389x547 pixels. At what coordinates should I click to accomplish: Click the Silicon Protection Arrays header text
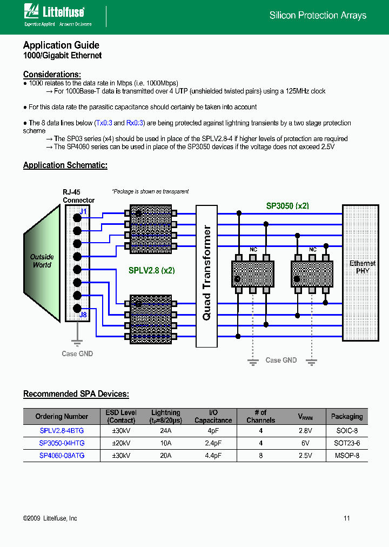pos(318,16)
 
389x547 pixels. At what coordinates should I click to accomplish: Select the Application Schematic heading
pos(65,165)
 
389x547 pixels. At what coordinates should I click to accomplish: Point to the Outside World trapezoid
pos(42,261)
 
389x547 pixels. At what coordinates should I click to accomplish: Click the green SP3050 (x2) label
pos(287,206)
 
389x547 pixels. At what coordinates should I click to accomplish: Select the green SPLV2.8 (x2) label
pos(151,270)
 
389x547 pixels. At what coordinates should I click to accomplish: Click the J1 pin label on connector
pos(83,211)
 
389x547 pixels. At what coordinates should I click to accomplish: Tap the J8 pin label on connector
pos(83,315)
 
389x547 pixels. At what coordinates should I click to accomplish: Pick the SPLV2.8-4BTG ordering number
pos(62,431)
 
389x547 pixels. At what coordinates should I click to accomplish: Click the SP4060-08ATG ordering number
pos(62,456)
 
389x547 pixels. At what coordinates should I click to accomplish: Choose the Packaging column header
pos(347,417)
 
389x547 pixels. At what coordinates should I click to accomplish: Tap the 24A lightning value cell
pos(165,431)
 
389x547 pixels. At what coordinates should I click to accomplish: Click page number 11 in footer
pos(347,518)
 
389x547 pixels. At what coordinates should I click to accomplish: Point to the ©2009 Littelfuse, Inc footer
pos(50,518)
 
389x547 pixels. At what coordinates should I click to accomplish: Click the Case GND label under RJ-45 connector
pos(77,353)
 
